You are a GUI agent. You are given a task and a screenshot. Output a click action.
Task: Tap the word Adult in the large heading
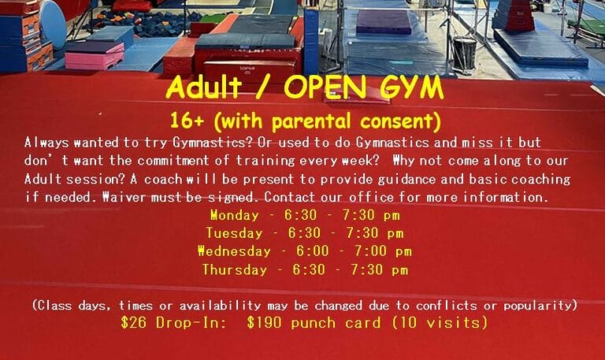204,87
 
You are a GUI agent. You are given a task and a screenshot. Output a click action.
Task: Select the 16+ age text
187,121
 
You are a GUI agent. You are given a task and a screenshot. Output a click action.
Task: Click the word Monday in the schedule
235,215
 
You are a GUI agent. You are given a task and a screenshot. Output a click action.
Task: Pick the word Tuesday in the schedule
234,233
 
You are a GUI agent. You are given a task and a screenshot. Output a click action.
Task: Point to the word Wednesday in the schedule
234,251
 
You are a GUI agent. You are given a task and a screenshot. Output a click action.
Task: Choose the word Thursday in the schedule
235,269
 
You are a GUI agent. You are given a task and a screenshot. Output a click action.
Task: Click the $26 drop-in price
133,322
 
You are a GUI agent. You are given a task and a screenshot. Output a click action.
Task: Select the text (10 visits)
440,322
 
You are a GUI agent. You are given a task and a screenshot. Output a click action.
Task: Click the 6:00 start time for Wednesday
313,251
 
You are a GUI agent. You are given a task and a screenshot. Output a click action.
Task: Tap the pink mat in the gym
95,57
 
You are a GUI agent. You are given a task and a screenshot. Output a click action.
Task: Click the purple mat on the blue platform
384,21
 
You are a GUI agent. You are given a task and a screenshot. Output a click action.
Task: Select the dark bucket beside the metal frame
464,54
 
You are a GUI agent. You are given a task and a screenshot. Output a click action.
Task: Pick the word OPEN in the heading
325,87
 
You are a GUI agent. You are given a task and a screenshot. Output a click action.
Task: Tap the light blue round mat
54,23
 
